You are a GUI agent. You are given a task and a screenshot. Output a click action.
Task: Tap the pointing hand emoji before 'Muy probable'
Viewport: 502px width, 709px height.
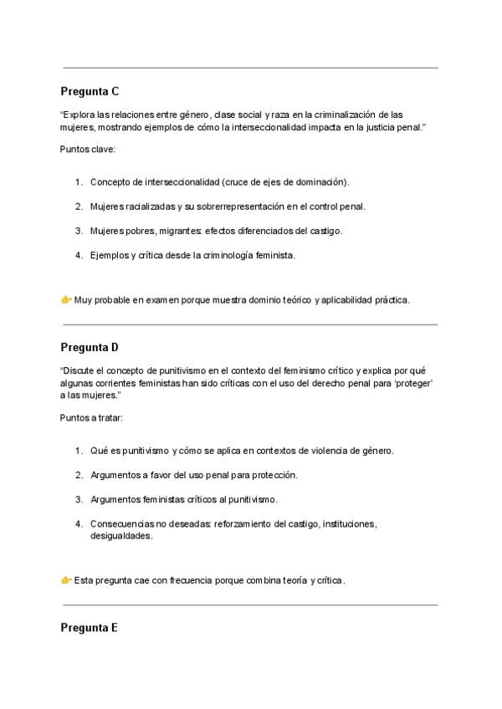(66, 299)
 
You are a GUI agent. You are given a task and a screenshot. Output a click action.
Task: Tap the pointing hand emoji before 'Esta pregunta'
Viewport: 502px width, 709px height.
(66, 580)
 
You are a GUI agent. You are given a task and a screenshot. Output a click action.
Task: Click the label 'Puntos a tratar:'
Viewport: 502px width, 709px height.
(94, 416)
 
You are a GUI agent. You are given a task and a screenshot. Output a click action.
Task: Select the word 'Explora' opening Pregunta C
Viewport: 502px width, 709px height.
(79, 114)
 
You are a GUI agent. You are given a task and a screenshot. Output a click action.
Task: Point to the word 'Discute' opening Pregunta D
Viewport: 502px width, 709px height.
(79, 370)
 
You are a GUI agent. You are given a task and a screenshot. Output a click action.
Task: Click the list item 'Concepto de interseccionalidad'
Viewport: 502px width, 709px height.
(219, 181)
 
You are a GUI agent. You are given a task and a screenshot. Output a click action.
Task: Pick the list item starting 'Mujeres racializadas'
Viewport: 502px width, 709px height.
(227, 206)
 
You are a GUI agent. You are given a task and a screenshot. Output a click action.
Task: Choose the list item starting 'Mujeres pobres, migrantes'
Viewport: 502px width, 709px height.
(216, 230)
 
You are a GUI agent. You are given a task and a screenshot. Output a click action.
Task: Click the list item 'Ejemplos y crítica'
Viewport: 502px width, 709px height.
(192, 254)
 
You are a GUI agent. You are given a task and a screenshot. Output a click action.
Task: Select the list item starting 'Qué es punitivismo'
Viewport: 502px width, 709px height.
(241, 451)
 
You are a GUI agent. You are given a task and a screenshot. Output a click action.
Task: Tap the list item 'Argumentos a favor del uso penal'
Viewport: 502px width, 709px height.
(193, 475)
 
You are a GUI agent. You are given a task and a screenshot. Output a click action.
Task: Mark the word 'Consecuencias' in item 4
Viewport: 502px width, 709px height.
(120, 524)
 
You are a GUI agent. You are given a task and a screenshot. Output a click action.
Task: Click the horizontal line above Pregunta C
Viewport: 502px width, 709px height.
(250, 68)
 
